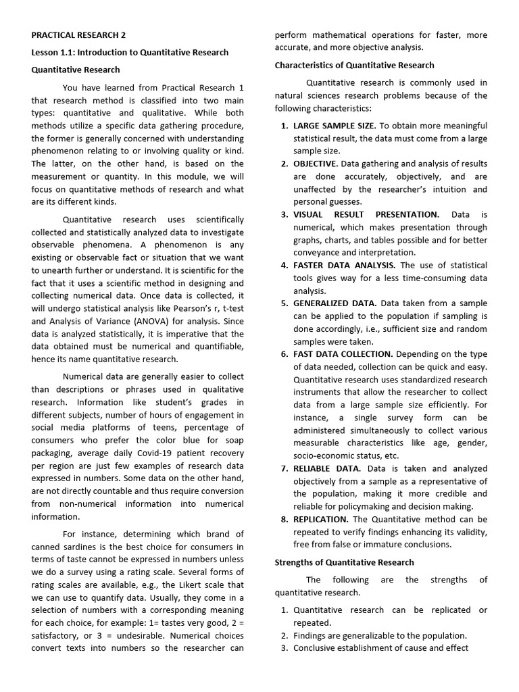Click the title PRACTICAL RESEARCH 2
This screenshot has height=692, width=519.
click(x=78, y=35)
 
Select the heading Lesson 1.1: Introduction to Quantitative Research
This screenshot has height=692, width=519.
click(x=130, y=52)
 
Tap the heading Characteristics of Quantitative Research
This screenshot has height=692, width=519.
click(x=354, y=66)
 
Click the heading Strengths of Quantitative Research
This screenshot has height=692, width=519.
click(x=344, y=562)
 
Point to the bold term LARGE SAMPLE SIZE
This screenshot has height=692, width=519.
click(x=335, y=126)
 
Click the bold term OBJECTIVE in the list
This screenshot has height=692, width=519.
click(x=316, y=164)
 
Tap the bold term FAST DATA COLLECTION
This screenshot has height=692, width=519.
click(x=343, y=354)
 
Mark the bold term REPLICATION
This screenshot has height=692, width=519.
click(x=320, y=519)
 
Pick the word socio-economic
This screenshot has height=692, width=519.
click(x=324, y=455)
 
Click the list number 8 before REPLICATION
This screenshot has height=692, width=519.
click(x=284, y=519)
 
